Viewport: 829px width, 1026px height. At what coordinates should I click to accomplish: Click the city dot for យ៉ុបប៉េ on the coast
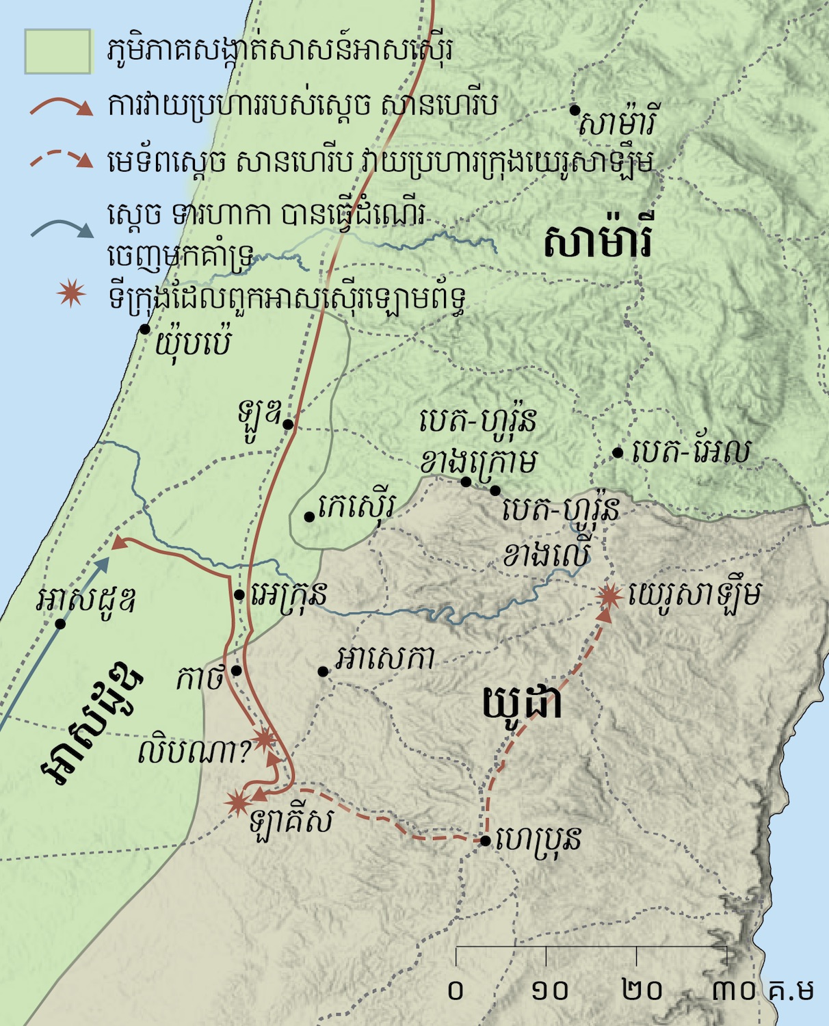(x=145, y=329)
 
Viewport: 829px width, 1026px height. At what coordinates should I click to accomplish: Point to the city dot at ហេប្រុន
(x=485, y=841)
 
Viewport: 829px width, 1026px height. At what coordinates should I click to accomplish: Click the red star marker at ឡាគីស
(x=237, y=802)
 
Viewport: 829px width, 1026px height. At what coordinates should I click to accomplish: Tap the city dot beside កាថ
(x=236, y=670)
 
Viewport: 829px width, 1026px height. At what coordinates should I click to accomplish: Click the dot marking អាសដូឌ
(x=60, y=624)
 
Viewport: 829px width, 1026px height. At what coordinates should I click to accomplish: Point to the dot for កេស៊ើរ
(x=309, y=516)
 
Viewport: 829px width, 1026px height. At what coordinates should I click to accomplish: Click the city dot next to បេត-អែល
(x=618, y=452)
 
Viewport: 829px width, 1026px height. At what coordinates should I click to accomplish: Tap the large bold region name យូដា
(x=522, y=702)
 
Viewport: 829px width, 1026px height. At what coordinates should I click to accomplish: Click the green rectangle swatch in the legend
(x=58, y=51)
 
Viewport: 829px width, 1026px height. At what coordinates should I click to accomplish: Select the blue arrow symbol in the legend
(x=62, y=228)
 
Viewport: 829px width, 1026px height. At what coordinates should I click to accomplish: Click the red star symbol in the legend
(x=71, y=293)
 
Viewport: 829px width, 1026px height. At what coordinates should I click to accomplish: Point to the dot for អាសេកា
(x=323, y=672)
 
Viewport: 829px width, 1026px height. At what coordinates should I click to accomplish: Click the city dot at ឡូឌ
(x=288, y=424)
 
